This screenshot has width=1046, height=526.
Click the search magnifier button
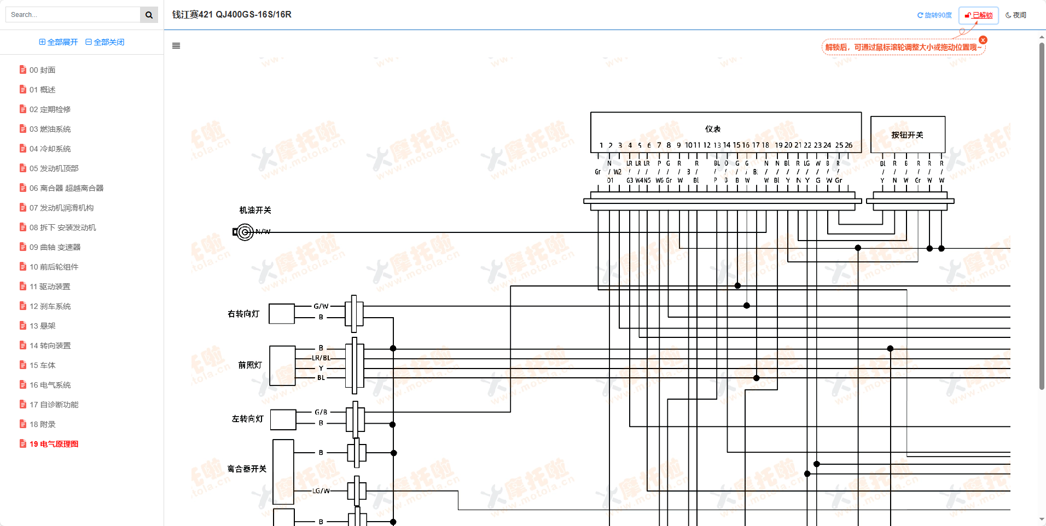149,15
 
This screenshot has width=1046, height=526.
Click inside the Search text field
74,15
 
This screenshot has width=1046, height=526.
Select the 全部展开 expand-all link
59,42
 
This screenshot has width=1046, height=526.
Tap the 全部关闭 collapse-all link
105,42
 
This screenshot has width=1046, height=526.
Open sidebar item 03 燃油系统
50,129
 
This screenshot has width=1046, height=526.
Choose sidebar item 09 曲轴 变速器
55,247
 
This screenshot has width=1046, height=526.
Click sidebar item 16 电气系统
50,385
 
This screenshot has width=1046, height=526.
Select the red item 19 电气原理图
54,444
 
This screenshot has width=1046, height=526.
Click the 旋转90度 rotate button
934,15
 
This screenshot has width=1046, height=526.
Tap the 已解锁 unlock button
979,15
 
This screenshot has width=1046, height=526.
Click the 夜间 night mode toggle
1016,15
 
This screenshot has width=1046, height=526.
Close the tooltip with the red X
983,40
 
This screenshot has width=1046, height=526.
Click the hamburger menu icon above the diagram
176,46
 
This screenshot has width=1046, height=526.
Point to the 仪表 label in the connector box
713,129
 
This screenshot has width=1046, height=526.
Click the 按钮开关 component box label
907,135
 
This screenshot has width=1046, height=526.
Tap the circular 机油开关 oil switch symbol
245,232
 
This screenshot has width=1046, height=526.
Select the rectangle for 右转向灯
282,314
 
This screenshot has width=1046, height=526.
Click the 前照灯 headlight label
250,365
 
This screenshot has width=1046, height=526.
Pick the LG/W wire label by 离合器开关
321,491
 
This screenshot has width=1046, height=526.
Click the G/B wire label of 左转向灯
321,412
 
